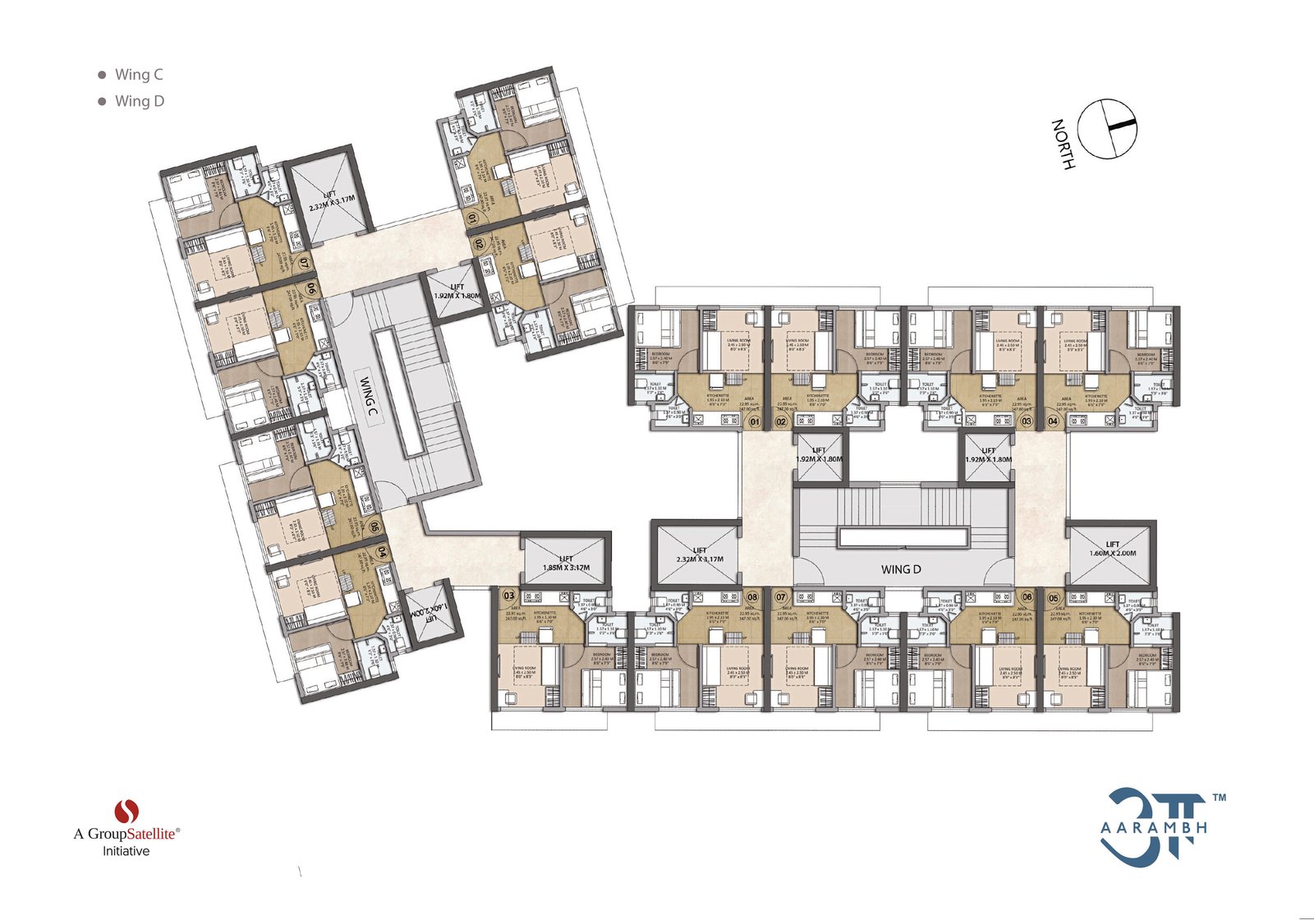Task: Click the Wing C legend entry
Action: [x=138, y=75]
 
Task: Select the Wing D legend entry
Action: [x=139, y=101]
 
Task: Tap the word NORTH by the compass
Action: [x=1063, y=145]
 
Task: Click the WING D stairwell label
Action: [x=900, y=568]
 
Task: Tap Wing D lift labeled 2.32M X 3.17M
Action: [x=699, y=554]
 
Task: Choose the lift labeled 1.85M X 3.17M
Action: [x=566, y=563]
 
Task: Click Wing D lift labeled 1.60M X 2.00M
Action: [x=1112, y=549]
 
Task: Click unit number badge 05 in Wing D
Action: [x=1054, y=596]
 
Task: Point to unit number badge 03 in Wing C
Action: [x=509, y=596]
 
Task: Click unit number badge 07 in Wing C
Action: [x=305, y=264]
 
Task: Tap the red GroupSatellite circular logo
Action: [x=126, y=811]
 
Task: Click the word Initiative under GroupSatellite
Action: [x=126, y=851]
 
